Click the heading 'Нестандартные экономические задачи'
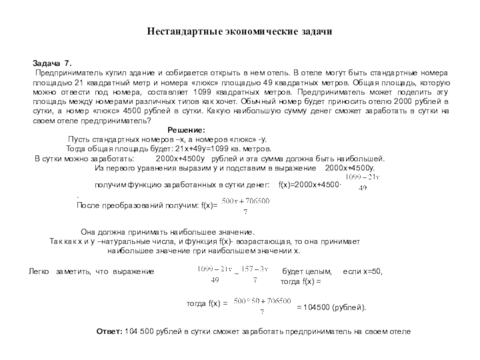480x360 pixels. [x=240, y=30]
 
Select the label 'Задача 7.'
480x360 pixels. [x=51, y=63]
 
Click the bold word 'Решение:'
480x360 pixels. [x=186, y=130]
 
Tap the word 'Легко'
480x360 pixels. [x=40, y=272]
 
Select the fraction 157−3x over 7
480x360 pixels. [x=256, y=274]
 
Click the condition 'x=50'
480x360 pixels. [x=370, y=272]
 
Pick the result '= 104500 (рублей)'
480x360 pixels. [x=331, y=307]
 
